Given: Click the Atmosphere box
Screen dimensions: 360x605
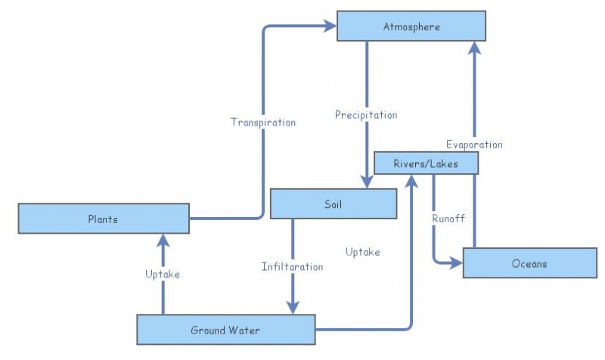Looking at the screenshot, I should [411, 26].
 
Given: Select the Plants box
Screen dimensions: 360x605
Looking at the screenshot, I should [103, 219].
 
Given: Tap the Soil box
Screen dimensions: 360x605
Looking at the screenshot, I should [334, 203].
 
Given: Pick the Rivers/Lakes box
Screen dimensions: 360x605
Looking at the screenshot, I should [426, 163].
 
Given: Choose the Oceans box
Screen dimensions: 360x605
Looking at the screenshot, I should [529, 263].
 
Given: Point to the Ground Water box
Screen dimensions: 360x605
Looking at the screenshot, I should [225, 330].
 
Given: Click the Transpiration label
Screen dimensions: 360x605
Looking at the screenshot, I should [263, 122].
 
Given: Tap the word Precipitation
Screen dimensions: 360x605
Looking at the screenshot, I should [366, 115].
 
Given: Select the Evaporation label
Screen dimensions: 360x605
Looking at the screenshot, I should [474, 144].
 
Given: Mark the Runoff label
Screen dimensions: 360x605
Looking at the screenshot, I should [448, 219].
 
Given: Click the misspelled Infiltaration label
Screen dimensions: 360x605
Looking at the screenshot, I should [292, 267].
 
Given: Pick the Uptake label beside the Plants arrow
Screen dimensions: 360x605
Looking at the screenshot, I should [163, 274].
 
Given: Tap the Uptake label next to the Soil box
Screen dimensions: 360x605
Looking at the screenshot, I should [362, 252].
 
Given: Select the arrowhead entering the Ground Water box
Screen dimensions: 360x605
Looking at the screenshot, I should [292, 306].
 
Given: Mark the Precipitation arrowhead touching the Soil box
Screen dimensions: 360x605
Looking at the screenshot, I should [367, 182].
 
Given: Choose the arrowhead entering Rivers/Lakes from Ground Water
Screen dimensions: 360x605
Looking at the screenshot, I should [411, 181].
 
